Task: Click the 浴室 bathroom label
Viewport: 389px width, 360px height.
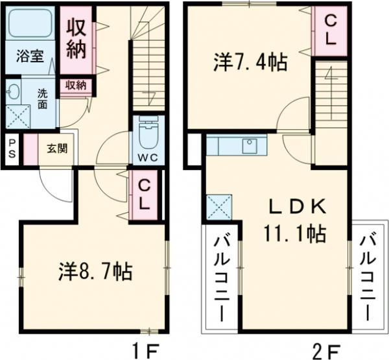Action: tap(30, 56)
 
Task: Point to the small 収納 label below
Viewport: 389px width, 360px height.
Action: tap(76, 85)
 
